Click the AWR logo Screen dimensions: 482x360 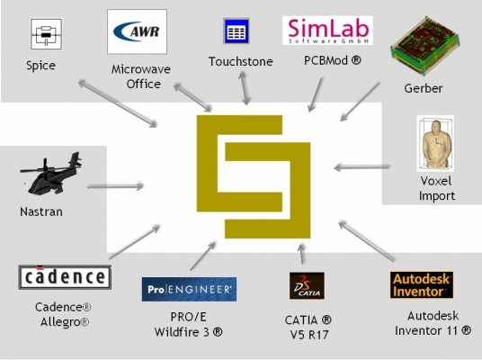pos(137,31)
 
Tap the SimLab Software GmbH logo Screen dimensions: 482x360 pos(327,31)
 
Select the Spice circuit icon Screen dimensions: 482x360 pos(46,34)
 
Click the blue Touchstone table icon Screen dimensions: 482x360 pos(237,31)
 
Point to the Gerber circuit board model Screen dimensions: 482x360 pos(424,46)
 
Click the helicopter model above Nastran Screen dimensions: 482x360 pos(51,173)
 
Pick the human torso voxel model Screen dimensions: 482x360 pos(435,143)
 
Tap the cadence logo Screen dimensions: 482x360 pos(65,277)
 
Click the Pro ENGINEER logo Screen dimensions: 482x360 pos(189,289)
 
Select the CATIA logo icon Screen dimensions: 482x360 pos(307,285)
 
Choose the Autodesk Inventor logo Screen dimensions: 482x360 pos(422,285)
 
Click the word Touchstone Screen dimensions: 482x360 pos(241,61)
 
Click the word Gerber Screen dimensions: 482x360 pos(424,88)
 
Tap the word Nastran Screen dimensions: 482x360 pos(41,211)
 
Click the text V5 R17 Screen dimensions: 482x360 pos(309,335)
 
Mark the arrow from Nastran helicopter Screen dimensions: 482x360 pos(115,186)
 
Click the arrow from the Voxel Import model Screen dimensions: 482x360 pos(362,167)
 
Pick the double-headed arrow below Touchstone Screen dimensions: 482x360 pos(245,88)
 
